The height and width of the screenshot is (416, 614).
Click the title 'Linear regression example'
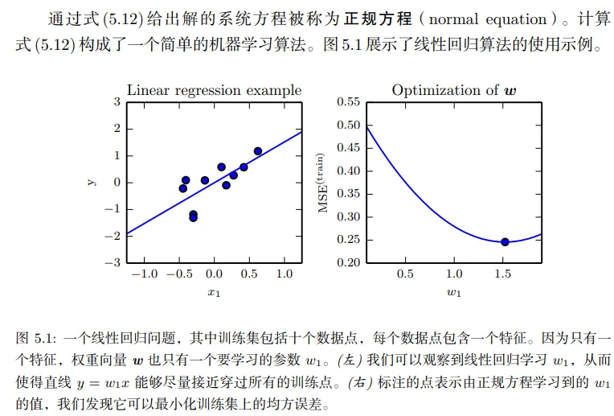pos(215,90)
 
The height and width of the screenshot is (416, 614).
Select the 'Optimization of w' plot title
pos(454,90)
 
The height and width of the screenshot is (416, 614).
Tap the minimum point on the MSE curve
pos(505,241)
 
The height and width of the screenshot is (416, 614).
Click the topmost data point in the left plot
pos(258,151)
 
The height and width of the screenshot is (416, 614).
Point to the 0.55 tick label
pos(348,102)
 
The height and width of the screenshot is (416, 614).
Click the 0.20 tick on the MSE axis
pos(348,263)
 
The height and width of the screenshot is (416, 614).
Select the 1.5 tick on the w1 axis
pos(502,274)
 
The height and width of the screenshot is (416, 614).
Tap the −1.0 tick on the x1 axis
pos(145,274)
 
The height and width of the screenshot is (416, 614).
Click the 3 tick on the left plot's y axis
pos(117,102)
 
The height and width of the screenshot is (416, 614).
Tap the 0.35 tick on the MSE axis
pos(348,194)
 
